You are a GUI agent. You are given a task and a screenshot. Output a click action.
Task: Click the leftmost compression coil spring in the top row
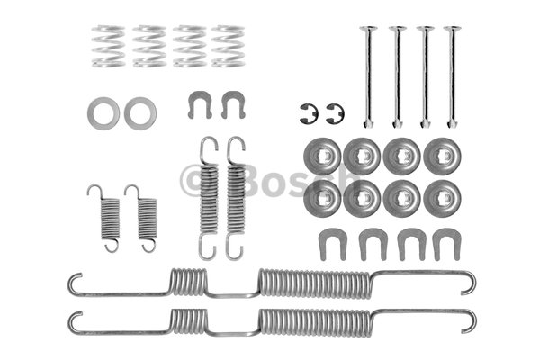108,46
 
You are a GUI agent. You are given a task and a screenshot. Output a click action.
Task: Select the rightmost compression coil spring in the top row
228,46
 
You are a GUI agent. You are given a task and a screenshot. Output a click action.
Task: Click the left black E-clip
303,113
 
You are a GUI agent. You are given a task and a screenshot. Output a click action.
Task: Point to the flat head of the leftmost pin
368,28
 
